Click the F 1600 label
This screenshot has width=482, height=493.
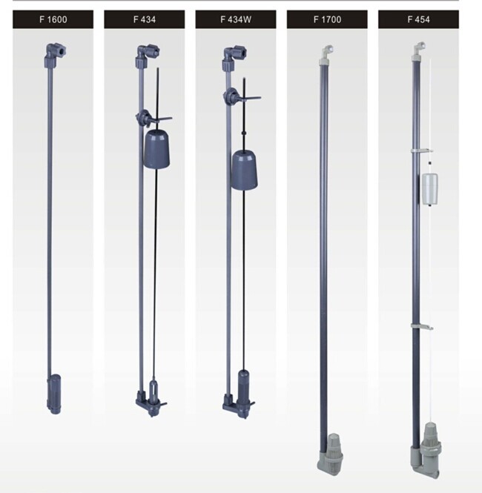click(x=53, y=19)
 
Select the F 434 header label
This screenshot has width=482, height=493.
click(x=145, y=19)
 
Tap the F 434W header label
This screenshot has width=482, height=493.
click(x=236, y=19)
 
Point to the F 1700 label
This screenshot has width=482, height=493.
click(x=327, y=19)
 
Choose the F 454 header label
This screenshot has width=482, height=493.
click(x=418, y=19)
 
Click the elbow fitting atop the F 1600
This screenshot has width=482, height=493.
click(x=55, y=55)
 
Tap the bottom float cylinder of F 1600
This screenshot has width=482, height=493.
click(x=54, y=394)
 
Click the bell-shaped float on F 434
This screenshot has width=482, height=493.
click(x=156, y=148)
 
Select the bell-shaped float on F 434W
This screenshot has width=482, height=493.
click(x=245, y=170)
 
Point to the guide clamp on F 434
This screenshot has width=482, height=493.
click(x=153, y=118)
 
